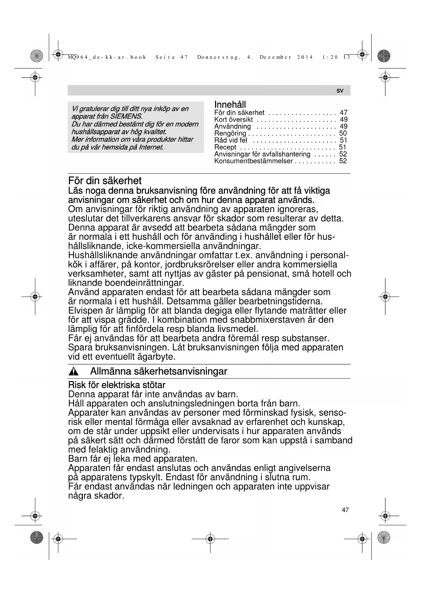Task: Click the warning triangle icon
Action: pyautogui.click(x=73, y=372)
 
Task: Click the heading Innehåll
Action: pyautogui.click(x=230, y=105)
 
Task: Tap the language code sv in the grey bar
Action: pyautogui.click(x=340, y=91)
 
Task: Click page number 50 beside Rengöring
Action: pyautogui.click(x=343, y=133)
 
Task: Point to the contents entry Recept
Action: pyautogui.click(x=225, y=147)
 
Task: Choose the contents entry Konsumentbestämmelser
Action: pyautogui.click(x=253, y=161)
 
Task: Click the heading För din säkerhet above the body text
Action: pyautogui.click(x=105, y=181)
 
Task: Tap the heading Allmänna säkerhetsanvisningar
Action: pyautogui.click(x=158, y=372)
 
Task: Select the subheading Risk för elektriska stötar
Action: pyautogui.click(x=117, y=385)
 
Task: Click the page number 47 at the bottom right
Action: pyautogui.click(x=345, y=510)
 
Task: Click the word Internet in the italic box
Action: pyautogui.click(x=151, y=147)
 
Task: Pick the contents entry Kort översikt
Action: pyautogui.click(x=233, y=120)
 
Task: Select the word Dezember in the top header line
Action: pyautogui.click(x=275, y=57)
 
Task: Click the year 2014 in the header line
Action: pyautogui.click(x=305, y=57)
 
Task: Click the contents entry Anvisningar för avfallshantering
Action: pyautogui.click(x=262, y=154)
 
